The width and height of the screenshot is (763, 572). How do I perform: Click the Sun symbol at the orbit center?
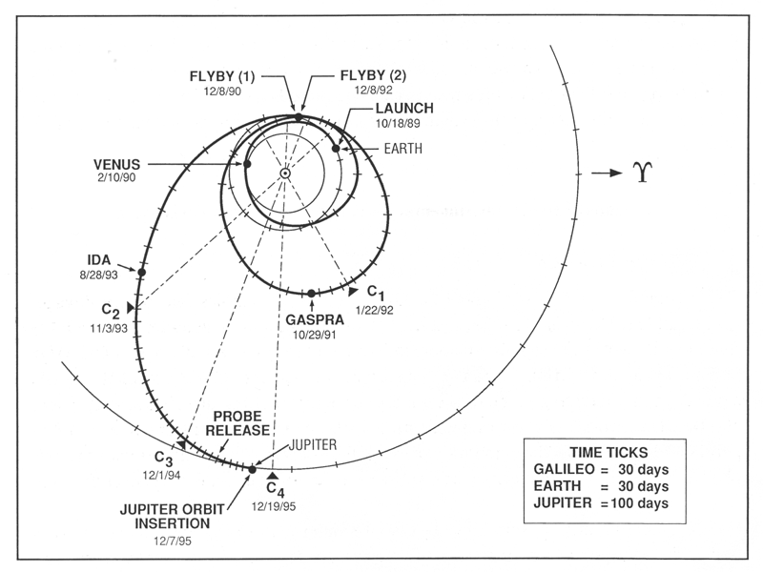click(284, 173)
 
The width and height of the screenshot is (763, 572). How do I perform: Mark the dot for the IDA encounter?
click(141, 272)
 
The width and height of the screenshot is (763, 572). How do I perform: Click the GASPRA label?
click(312, 321)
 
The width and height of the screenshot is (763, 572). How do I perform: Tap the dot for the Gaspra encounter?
click(312, 293)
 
